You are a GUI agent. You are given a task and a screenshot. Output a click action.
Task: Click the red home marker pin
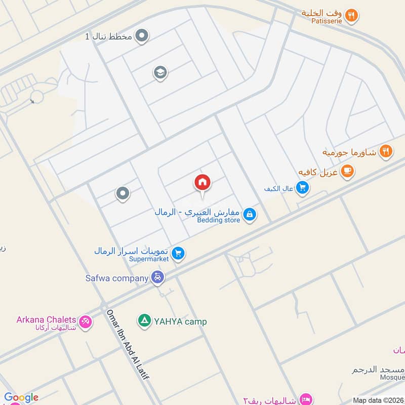[202, 183]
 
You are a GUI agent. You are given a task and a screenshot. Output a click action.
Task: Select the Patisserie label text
[330, 21]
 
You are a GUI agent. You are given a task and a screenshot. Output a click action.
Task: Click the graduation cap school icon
[160, 73]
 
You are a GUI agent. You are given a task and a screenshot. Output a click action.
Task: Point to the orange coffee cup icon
[347, 171]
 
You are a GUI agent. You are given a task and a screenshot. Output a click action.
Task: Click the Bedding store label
[219, 220]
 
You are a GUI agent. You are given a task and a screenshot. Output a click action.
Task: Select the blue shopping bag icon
[249, 215]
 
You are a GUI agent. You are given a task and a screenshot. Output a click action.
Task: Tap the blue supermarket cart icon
[178, 253]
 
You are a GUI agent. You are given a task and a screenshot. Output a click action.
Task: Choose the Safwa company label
[117, 278]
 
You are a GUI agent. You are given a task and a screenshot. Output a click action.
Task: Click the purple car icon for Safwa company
[157, 277]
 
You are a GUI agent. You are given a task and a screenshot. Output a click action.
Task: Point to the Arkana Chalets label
[46, 320]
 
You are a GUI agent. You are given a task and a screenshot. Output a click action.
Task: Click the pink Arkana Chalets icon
[86, 321]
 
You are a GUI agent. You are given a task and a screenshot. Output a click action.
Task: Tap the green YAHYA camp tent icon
[145, 321]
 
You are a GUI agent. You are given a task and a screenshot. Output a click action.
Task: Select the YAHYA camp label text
[180, 321]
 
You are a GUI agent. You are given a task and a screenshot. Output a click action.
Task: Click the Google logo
[21, 397]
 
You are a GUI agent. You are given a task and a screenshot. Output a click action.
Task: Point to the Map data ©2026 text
[378, 400]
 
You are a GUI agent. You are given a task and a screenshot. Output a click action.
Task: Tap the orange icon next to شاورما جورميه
[386, 151]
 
